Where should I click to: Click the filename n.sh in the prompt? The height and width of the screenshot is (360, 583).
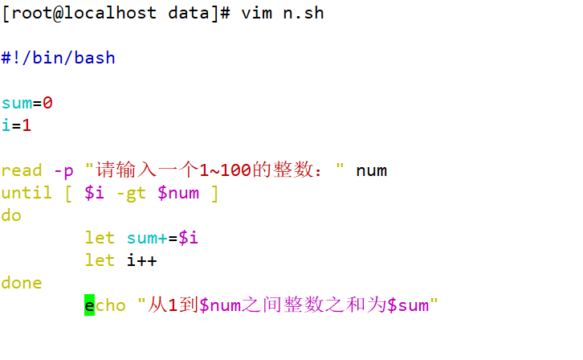[x=303, y=14]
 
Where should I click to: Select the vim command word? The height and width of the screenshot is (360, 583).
[x=257, y=14]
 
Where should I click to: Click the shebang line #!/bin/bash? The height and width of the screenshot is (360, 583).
[x=59, y=58]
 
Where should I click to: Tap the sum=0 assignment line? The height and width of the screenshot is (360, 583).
[x=27, y=103]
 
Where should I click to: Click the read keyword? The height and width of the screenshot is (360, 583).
[x=22, y=170]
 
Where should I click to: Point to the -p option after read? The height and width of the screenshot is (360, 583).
[x=63, y=170]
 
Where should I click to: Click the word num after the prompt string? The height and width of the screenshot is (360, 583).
[x=372, y=170]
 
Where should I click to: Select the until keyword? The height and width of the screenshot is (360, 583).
[x=26, y=193]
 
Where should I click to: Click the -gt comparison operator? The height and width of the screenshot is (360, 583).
[x=126, y=193]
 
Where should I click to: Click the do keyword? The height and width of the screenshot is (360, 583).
[x=11, y=215]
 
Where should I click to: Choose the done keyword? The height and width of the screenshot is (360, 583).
[x=22, y=283]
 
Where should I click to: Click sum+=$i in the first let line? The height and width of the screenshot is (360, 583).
[x=163, y=238]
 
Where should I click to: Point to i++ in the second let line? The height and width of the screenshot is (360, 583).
[x=142, y=260]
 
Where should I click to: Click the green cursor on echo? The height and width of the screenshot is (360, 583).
[x=89, y=305]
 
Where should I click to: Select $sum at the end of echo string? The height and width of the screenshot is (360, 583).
[x=408, y=305]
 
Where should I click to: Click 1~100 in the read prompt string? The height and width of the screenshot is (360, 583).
[x=227, y=170]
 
